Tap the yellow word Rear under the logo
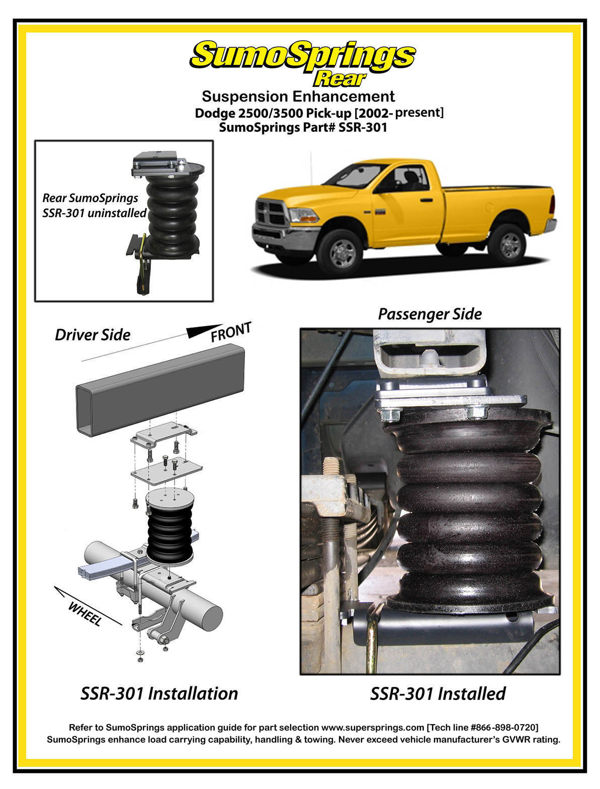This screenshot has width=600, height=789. click(339, 79)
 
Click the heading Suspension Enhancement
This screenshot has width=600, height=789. click(298, 97)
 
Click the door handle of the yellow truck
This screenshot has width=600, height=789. click(426, 200)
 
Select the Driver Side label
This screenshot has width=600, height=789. click(93, 335)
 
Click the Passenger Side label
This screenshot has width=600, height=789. click(430, 314)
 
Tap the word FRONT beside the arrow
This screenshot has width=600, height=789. click(231, 331)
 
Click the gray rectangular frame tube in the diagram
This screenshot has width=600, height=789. click(160, 390)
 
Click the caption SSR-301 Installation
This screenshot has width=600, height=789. click(159, 693)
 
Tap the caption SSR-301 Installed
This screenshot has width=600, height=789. click(438, 693)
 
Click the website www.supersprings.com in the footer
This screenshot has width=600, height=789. click(373, 728)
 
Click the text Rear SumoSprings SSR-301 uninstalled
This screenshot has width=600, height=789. click(94, 205)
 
